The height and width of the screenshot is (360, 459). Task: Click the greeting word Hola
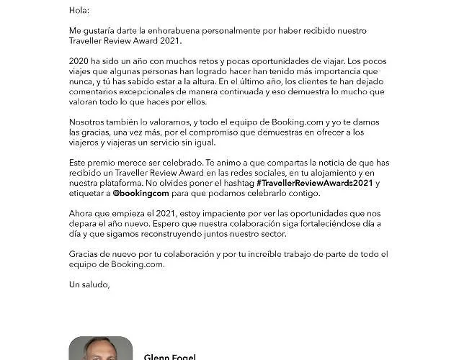[x=79, y=11]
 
